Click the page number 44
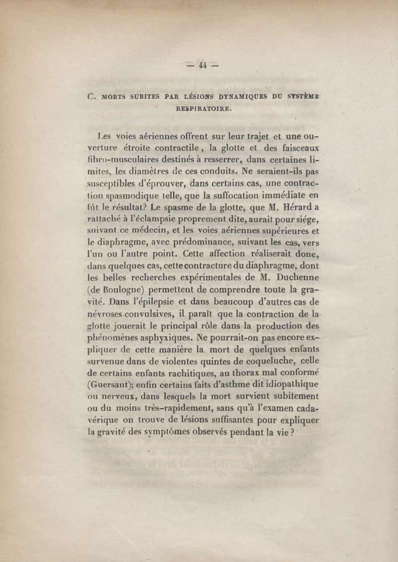click(202, 65)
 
